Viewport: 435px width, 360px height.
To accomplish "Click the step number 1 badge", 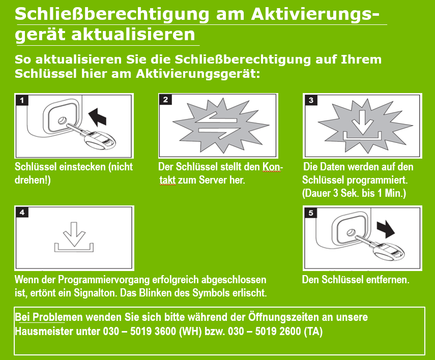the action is (22, 100).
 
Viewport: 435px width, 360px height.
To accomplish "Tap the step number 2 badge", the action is (166, 100).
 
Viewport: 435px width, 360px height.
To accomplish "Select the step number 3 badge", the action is (311, 100).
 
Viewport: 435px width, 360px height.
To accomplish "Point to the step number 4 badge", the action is (22, 213).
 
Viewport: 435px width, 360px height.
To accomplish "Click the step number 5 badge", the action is (311, 213).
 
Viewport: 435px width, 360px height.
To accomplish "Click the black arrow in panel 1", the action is (98, 117).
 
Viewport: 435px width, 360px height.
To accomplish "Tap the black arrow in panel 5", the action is (386, 229).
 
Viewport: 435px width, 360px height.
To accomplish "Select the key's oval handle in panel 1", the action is (100, 141).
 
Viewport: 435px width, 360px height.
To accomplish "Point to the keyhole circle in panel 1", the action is (62, 121).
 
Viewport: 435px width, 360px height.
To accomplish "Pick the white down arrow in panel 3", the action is (362, 122).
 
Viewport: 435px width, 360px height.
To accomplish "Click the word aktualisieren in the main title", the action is (133, 35).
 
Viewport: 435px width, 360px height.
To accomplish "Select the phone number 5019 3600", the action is (153, 331).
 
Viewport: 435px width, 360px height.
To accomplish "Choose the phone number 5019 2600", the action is (278, 331).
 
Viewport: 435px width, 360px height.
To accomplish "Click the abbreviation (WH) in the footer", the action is (190, 332).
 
